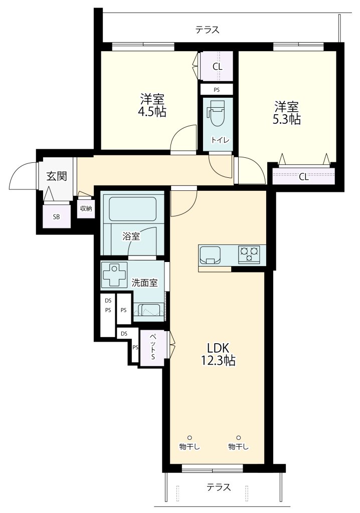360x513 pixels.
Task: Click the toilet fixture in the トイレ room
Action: point(216,113)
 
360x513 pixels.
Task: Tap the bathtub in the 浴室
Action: point(132,209)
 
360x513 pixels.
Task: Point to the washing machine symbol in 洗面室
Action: point(115,275)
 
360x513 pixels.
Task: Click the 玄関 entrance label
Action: point(57,176)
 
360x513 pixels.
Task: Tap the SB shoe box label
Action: point(56,216)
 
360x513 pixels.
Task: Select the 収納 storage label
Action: point(86,208)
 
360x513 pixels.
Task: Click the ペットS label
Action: point(152,347)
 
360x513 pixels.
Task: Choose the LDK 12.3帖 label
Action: point(218,354)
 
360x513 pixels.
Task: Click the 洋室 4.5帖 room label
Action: point(152,105)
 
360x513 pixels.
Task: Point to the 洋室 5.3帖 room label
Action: point(287,113)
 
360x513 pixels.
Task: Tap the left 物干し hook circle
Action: point(190,437)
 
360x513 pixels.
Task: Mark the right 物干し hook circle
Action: point(239,437)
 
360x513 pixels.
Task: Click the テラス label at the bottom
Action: point(219,487)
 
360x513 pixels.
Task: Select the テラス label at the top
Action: point(208,30)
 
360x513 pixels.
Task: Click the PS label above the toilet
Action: point(217,90)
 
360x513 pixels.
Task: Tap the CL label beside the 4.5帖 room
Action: point(218,67)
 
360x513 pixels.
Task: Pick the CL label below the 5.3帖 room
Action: point(304,177)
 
